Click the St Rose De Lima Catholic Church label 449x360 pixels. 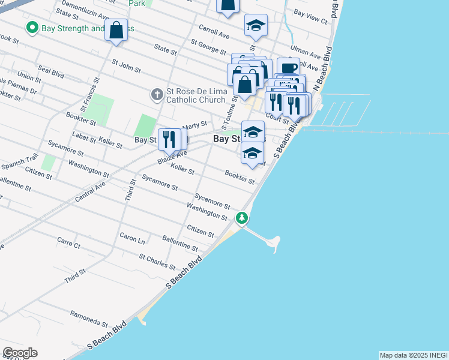(196, 95)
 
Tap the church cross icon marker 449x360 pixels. (157, 94)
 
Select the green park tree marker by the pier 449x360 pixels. (242, 218)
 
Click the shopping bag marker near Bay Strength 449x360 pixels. (116, 31)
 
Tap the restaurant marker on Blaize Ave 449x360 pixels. (169, 140)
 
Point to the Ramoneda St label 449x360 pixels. (88, 317)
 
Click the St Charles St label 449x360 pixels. (157, 262)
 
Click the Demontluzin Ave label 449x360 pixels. (85, 8)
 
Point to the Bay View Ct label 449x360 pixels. (310, 16)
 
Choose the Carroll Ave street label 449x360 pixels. (214, 32)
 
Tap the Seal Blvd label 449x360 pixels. (50, 72)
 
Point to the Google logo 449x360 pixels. (20, 353)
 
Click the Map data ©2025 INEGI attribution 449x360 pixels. (414, 355)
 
